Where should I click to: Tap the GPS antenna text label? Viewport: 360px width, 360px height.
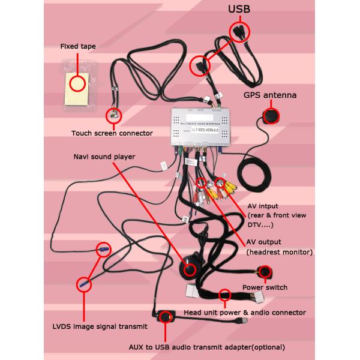(269, 95)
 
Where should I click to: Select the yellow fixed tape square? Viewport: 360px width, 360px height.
(76, 85)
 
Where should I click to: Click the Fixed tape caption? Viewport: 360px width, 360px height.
(78, 46)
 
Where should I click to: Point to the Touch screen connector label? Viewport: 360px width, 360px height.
(112, 133)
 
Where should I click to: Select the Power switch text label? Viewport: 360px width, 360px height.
(265, 287)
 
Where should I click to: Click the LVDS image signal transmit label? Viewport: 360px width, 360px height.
(100, 327)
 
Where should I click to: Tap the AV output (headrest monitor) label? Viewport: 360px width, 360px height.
(280, 247)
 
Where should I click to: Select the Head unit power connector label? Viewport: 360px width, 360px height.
(245, 313)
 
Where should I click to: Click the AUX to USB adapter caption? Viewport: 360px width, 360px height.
(206, 347)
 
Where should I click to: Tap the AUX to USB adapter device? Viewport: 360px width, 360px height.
(163, 317)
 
